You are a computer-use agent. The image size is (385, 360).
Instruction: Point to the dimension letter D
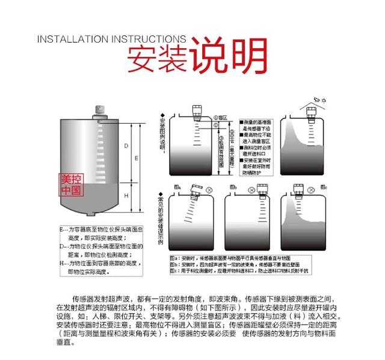(x=126, y=147)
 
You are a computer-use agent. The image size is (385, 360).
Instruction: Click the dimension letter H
(x=126, y=196)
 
